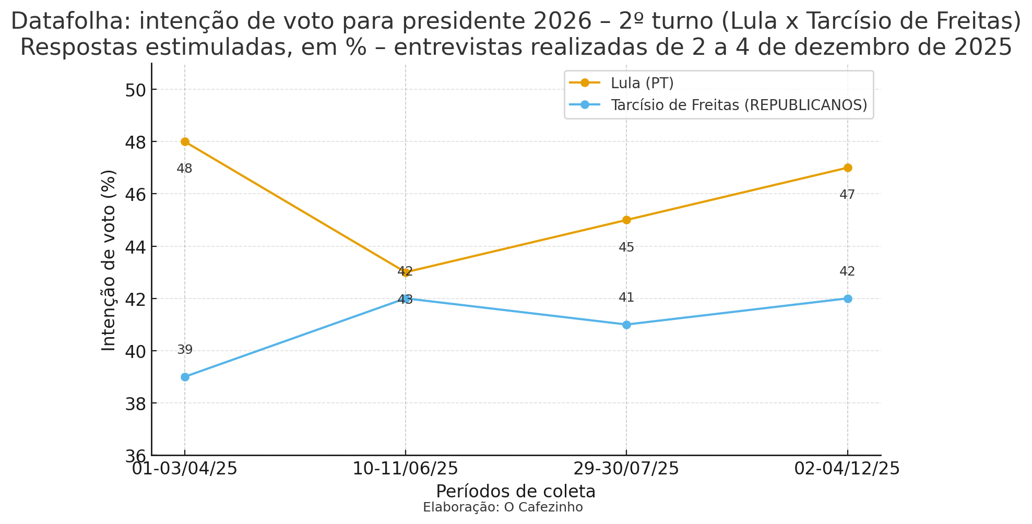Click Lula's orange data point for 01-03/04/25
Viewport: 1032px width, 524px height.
[185, 142]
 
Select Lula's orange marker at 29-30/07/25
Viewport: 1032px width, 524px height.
[626, 220]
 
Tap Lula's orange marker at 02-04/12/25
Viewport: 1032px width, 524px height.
[848, 168]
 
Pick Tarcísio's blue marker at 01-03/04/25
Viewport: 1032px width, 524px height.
[185, 377]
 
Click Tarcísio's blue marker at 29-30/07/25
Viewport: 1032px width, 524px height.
[626, 325]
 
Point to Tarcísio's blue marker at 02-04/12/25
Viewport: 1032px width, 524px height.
[848, 299]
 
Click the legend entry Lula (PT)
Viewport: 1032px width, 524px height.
[642, 83]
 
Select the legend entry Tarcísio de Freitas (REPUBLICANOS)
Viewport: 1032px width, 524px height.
[739, 105]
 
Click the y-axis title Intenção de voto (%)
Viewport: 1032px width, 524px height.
[109, 260]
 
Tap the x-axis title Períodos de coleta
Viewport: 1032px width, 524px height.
[516, 492]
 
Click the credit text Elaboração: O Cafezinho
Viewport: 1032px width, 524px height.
[503, 507]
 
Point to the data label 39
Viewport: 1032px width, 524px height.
[185, 350]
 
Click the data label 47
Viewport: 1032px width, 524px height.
[847, 195]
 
